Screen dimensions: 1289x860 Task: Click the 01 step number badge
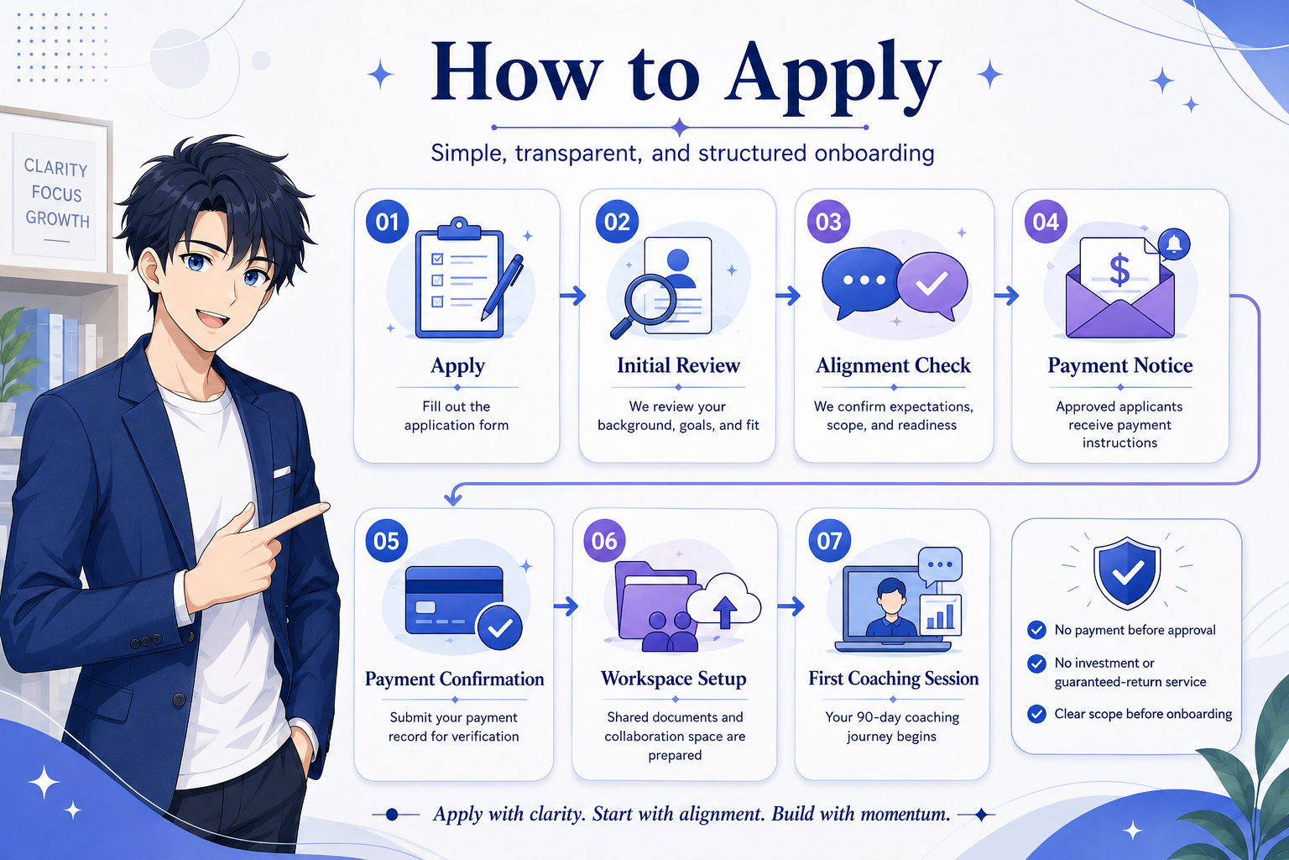pos(387,222)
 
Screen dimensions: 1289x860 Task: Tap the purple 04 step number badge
pos(1046,222)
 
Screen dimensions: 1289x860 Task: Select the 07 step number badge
pos(829,540)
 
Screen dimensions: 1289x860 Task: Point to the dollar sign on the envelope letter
pos(1119,270)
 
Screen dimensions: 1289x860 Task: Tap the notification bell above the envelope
pos(1174,244)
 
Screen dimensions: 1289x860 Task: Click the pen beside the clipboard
pos(502,287)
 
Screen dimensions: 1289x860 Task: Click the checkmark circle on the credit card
pos(499,627)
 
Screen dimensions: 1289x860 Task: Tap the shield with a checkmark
pos(1127,573)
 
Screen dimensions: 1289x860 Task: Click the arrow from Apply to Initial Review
pos(572,296)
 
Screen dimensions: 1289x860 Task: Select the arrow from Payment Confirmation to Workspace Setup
pos(566,606)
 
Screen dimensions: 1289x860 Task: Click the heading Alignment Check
pos(893,366)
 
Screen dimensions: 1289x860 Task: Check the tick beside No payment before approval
pos(1036,630)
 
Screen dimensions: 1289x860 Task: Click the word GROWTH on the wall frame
pos(57,219)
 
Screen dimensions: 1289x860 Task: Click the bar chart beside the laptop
pos(940,616)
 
